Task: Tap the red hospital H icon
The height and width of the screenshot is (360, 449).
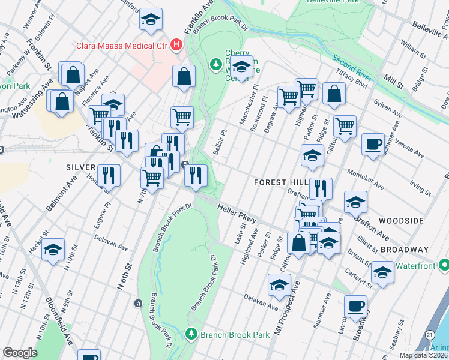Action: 176,44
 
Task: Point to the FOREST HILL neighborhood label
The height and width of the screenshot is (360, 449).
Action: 281,182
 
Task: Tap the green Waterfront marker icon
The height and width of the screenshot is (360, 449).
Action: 444,264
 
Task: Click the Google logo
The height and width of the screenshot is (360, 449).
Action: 20,353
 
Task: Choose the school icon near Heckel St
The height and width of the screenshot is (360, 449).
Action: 53,248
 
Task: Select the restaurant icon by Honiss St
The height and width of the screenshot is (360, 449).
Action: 109,175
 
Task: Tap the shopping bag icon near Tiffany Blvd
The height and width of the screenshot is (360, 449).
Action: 334,94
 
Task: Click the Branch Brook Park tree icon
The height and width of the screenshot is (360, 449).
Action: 191,333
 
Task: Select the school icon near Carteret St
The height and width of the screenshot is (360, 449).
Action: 382,272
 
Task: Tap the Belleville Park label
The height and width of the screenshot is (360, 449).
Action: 334,2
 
